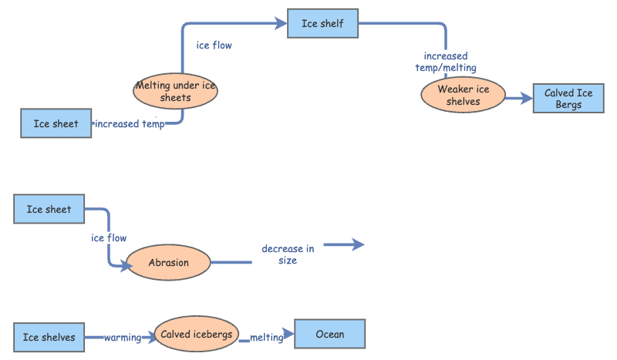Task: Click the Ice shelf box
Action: [323, 23]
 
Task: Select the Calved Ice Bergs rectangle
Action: [568, 99]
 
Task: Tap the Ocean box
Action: [329, 335]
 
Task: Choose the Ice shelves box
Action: [49, 337]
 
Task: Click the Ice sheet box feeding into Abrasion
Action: [49, 209]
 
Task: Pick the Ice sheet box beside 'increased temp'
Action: [56, 123]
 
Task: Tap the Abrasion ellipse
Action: [168, 263]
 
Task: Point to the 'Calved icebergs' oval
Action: [196, 334]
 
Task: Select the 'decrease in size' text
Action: [288, 254]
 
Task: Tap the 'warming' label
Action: [123, 338]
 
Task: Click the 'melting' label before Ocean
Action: [267, 338]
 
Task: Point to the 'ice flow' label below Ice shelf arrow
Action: [214, 45]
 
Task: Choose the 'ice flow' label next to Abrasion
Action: [109, 238]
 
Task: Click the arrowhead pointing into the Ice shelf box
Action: [281, 24]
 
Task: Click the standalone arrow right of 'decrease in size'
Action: [343, 244]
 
